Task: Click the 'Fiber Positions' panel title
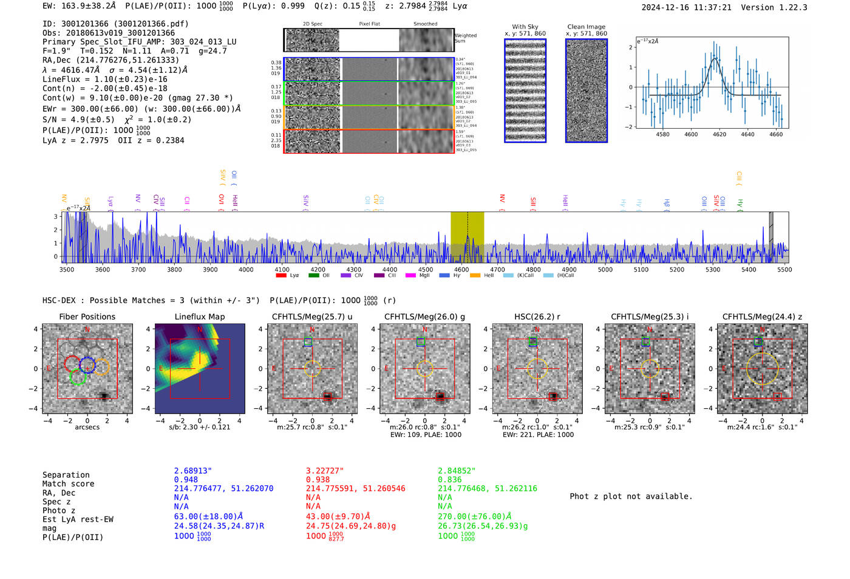coord(87,317)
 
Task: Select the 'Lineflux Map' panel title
coord(200,317)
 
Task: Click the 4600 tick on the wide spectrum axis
coord(461,269)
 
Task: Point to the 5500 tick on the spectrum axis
coord(784,269)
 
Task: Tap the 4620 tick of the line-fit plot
coord(719,134)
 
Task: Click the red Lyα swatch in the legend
coord(281,275)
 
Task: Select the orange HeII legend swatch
coord(475,275)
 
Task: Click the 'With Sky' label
coord(525,27)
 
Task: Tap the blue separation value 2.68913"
coord(193,471)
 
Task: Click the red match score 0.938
coord(318,479)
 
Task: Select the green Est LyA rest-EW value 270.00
coord(474,516)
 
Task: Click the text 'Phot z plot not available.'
coord(631,496)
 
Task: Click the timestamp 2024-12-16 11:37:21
coord(686,7)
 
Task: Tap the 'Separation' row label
coord(66,475)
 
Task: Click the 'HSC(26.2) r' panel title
coord(537,317)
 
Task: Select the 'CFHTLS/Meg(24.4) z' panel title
coord(762,317)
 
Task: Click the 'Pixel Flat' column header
coord(369,24)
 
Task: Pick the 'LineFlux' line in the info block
coord(104,79)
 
